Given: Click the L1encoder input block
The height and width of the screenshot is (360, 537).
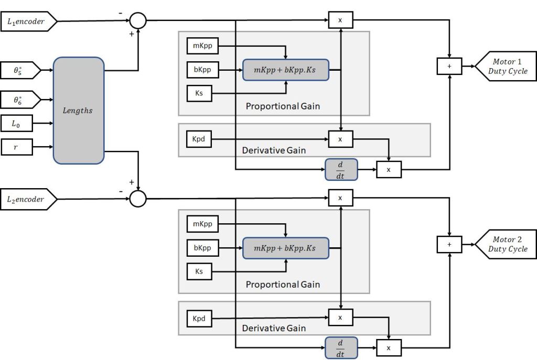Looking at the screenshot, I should tap(28, 21).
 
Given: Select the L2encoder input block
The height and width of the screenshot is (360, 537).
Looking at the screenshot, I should tap(28, 199).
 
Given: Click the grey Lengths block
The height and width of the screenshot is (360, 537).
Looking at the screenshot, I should tap(78, 111).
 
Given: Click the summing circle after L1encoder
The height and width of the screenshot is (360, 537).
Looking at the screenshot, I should tap(138, 20).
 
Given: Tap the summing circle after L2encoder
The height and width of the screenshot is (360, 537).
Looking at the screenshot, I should tap(138, 199).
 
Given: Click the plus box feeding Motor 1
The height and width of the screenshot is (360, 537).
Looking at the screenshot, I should tap(449, 66).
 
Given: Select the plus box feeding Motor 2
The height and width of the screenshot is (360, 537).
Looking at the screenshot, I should tap(449, 244).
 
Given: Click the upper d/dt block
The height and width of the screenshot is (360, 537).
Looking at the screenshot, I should tap(341, 169).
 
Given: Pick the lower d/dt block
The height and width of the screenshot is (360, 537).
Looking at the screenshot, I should tap(341, 347).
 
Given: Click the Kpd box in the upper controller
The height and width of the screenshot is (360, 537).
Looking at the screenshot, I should tap(199, 139).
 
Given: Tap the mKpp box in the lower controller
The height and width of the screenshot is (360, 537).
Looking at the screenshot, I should tap(202, 224).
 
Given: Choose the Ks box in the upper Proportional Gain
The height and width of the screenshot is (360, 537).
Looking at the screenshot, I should tap(199, 94).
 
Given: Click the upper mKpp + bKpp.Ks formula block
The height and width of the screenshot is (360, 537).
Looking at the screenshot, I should tap(285, 70).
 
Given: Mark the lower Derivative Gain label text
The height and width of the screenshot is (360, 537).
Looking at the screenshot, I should tap(274, 329).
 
